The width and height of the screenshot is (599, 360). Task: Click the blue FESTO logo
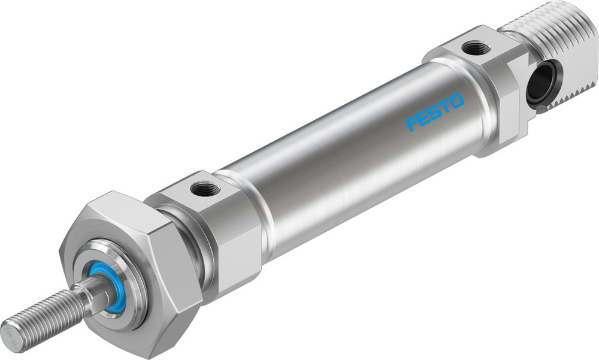tap(435, 111)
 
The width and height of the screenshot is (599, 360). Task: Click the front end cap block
tap(222, 228)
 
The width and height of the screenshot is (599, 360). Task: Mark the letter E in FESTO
tap(423, 118)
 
